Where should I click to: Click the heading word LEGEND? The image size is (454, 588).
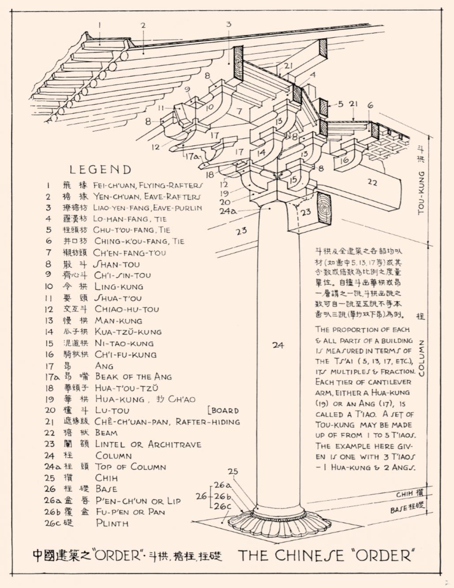tap(101, 170)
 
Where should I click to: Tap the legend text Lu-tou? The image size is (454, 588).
tap(112, 410)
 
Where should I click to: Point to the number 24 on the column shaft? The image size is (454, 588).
tap(278, 345)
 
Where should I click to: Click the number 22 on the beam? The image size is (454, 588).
tap(372, 182)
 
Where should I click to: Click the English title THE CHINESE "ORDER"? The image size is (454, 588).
tap(327, 555)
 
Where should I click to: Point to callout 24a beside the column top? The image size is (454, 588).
tap(228, 211)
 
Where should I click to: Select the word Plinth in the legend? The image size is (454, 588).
tap(112, 523)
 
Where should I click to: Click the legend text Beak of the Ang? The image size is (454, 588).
tap(133, 377)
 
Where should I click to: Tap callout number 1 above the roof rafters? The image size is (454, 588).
tap(100, 25)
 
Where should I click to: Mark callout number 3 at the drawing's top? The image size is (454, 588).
tap(229, 24)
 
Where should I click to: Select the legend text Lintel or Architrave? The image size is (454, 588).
tap(148, 444)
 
